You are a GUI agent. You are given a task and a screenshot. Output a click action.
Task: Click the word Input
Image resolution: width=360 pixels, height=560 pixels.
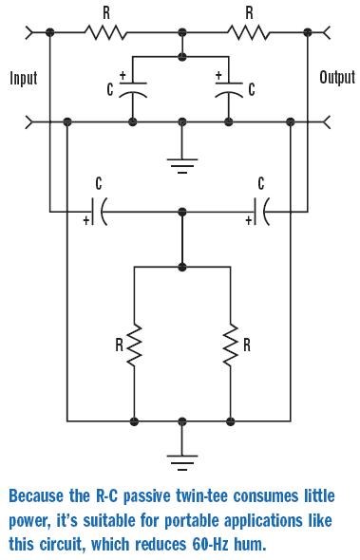(24, 78)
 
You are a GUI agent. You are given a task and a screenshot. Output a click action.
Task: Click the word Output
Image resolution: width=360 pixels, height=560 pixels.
(337, 77)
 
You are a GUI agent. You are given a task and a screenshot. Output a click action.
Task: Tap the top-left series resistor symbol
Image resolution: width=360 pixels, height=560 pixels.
(105, 32)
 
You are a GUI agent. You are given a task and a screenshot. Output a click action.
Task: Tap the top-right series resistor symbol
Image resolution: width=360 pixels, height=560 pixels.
(249, 32)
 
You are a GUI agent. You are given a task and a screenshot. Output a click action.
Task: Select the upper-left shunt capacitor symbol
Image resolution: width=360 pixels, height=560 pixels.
(133, 89)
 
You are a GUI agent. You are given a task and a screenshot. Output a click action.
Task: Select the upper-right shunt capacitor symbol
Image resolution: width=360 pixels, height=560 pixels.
(229, 89)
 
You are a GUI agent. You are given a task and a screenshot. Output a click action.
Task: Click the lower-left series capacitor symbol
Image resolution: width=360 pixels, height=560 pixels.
(99, 212)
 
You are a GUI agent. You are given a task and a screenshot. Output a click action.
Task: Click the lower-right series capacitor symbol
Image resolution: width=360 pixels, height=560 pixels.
(261, 212)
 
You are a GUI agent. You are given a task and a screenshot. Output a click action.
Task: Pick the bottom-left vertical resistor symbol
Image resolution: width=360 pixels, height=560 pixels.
(134, 345)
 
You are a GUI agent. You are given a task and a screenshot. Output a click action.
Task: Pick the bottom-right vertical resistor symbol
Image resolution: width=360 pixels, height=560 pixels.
(230, 345)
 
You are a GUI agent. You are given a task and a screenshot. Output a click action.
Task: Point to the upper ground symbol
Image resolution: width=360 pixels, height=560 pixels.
(182, 165)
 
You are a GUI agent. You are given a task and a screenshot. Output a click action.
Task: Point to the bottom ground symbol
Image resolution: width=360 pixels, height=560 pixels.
(182, 462)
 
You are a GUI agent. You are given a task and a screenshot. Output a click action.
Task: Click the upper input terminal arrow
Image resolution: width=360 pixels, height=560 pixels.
(29, 32)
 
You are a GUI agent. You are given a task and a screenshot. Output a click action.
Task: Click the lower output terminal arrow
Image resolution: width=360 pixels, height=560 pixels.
(327, 121)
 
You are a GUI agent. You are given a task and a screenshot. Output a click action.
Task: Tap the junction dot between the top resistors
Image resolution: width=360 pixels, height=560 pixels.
(182, 32)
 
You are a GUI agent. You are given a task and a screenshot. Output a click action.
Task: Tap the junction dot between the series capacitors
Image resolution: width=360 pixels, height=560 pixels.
(182, 212)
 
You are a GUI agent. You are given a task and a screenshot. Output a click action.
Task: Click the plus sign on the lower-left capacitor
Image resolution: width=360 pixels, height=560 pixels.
(86, 220)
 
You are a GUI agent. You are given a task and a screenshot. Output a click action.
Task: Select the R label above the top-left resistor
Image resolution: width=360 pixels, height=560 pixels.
(106, 13)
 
